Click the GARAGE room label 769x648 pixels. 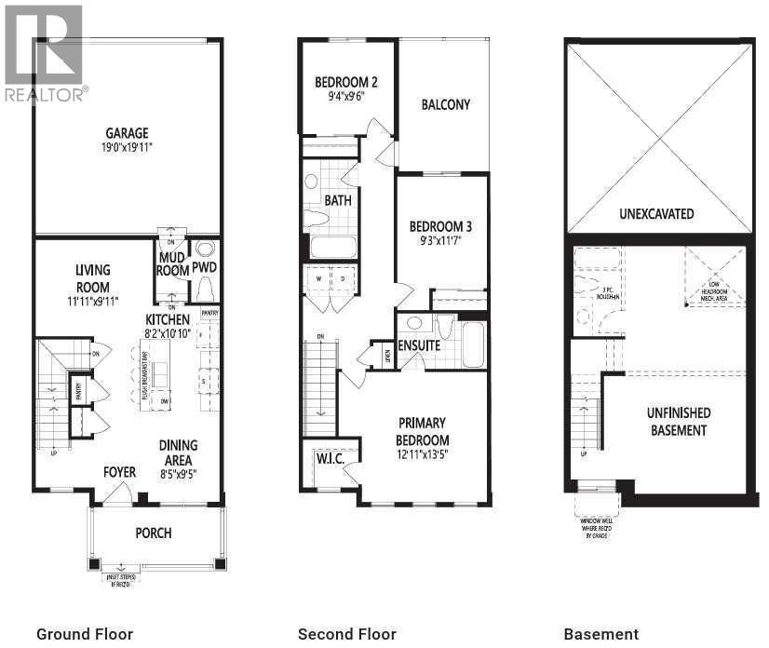(x=127, y=133)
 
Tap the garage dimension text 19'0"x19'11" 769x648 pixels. (x=127, y=147)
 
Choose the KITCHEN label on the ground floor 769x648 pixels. (x=167, y=319)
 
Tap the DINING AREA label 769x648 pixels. (x=177, y=452)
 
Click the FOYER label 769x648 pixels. (x=119, y=472)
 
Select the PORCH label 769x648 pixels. (x=154, y=533)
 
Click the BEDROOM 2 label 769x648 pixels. (x=344, y=81)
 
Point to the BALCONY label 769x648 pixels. (x=445, y=104)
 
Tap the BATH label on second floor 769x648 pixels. (x=337, y=200)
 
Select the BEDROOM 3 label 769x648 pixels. (x=441, y=226)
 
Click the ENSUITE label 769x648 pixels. (x=419, y=345)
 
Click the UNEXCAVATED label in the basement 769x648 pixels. (x=656, y=213)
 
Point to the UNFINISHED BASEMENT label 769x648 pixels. (x=679, y=421)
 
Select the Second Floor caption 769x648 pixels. (x=346, y=634)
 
